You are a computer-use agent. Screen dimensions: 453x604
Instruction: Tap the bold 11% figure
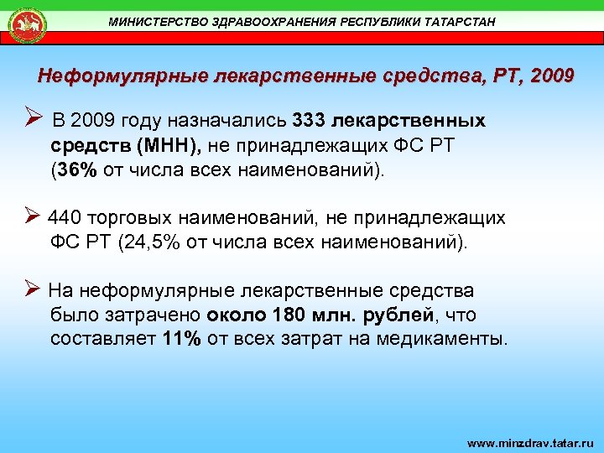[183, 341]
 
